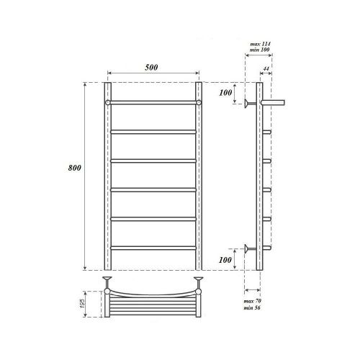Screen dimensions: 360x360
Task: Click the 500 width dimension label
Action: [x=151, y=67]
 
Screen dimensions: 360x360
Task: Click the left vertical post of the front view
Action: [x=107, y=180]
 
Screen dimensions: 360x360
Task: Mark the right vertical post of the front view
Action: [x=199, y=180]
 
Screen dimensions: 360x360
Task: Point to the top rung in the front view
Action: [x=153, y=104]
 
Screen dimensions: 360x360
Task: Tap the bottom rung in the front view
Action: [x=153, y=248]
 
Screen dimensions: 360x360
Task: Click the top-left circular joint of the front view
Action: [x=107, y=104]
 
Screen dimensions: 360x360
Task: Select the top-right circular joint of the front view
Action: [x=199, y=104]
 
